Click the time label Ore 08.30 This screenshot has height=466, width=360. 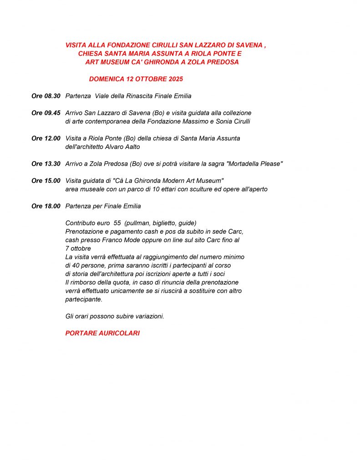click(46, 96)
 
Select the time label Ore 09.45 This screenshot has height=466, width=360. click(46, 113)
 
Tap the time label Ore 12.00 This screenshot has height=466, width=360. click(46, 138)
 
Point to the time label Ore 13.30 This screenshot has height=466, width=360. click(46, 164)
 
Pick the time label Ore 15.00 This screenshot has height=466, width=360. click(46, 181)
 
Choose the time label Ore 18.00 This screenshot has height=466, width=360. click(46, 206)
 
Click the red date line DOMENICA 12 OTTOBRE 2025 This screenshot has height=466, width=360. click(136, 79)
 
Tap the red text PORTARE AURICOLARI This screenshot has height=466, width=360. click(102, 333)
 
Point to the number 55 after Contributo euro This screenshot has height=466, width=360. click(117, 223)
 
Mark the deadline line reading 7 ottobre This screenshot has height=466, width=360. click(78, 248)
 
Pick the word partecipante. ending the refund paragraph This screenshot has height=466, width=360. click(84, 299)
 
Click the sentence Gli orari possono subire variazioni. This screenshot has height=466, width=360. click(115, 316)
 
